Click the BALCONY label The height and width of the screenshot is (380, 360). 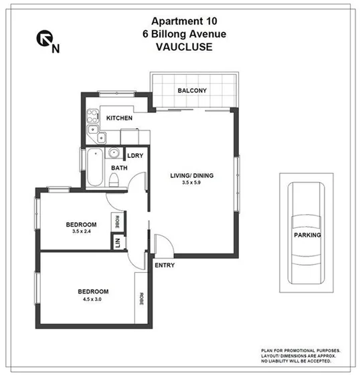click(x=192, y=91)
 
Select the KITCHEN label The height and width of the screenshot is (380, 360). click(x=119, y=118)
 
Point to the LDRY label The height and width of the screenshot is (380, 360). click(x=135, y=156)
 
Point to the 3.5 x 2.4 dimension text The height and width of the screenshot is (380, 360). click(x=82, y=232)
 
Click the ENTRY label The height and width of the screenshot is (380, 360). click(x=165, y=266)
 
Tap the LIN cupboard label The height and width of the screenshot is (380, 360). click(x=116, y=244)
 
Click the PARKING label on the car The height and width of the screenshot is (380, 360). click(x=307, y=235)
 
